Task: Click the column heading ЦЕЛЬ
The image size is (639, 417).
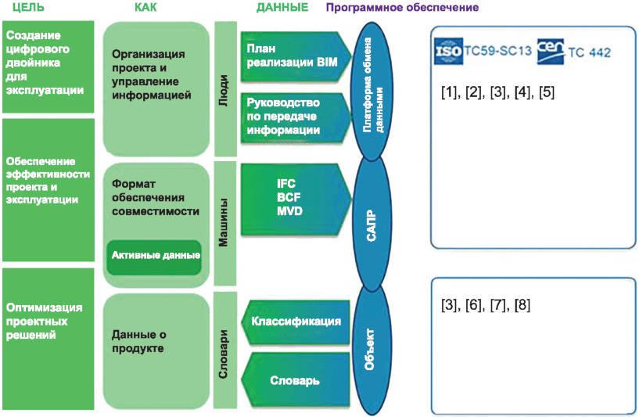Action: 23,8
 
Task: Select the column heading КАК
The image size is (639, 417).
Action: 146,8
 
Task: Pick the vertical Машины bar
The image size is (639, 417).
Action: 224,223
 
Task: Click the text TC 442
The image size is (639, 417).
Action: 591,53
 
